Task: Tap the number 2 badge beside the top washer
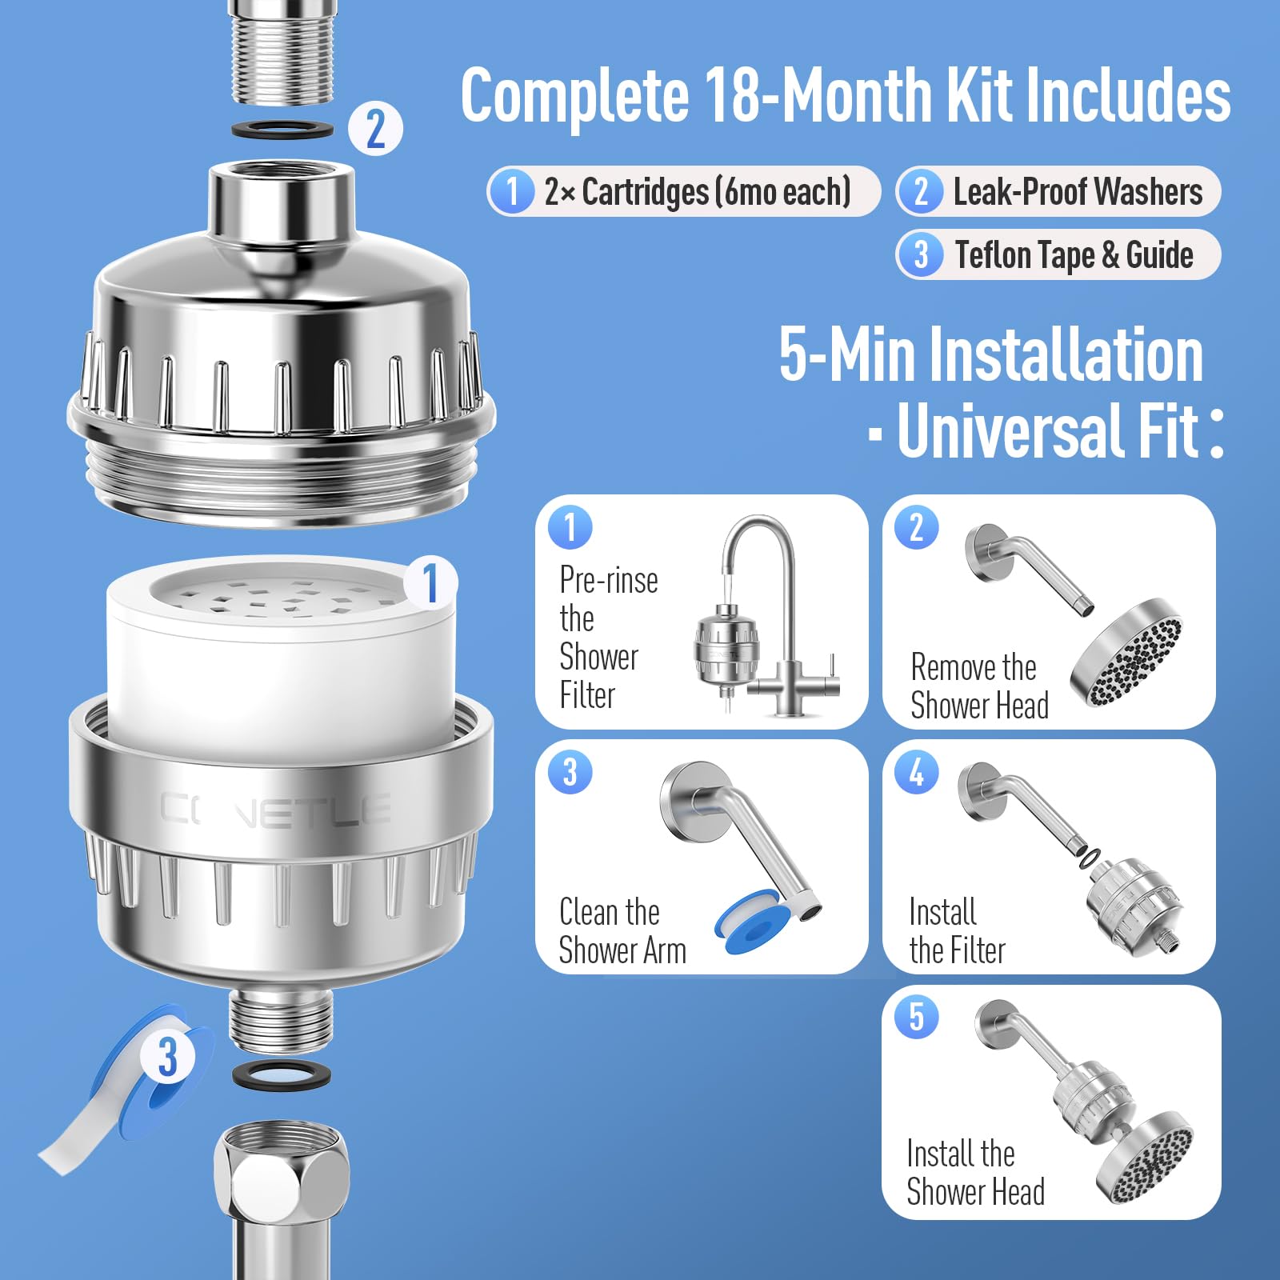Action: pos(375,128)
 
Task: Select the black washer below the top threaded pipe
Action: pos(282,128)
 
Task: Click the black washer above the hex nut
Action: pos(282,1074)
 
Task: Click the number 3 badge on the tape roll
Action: pos(166,1057)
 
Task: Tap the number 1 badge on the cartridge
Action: pos(430,582)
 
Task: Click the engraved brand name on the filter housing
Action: pos(275,809)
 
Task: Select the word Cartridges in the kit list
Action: pos(646,192)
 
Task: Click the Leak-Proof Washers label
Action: pos(1078,192)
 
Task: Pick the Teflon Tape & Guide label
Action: pos(1074,255)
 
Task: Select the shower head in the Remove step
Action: pos(1126,652)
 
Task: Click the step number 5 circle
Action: pos(917,1018)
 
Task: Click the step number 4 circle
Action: pos(917,773)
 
